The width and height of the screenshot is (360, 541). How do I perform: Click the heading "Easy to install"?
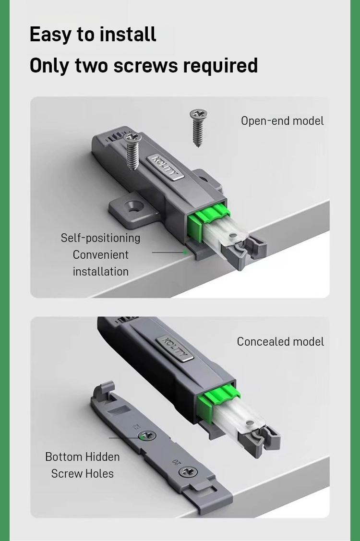pos(93,35)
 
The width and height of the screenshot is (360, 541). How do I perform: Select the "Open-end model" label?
pos(282,121)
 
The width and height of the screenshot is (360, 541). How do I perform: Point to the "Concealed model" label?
pos(280,342)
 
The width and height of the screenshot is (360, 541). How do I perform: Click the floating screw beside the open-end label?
pos(198,128)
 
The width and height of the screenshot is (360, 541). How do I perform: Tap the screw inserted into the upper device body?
pos(132,151)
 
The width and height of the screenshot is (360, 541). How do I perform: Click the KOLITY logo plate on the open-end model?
pos(165,168)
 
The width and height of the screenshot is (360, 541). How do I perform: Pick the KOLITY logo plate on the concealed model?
pos(175,349)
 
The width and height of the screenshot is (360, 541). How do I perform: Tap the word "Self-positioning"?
pos(100,238)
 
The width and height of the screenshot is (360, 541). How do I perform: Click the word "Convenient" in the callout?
pos(100,254)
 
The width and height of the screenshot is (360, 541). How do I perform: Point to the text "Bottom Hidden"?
pos(83,457)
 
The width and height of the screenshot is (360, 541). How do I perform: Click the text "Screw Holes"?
pos(83,473)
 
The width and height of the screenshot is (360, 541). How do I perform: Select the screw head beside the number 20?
pos(189,471)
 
